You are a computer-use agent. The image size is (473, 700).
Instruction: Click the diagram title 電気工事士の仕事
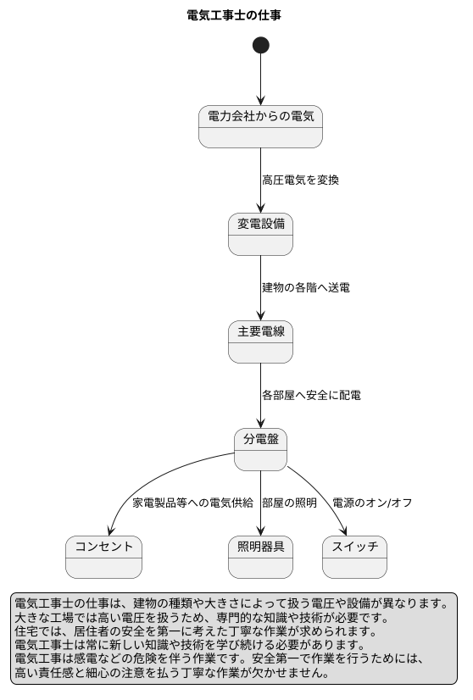[234, 15]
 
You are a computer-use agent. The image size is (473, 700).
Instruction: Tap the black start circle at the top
[260, 45]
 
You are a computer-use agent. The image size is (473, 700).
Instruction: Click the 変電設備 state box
[260, 234]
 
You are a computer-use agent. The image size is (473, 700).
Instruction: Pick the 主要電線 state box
[260, 342]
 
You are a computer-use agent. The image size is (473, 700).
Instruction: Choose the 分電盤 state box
[260, 449]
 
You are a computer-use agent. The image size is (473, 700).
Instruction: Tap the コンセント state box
[103, 557]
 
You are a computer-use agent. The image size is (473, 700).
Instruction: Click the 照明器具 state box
[260, 557]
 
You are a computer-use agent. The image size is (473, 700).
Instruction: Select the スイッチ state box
[354, 557]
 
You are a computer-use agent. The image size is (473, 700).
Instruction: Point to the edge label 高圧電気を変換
[300, 180]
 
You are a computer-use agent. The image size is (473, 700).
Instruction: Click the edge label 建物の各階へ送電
[305, 288]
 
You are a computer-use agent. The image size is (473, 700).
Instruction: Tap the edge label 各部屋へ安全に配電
[311, 395]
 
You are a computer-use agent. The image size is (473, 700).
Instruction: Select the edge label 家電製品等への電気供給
[192, 503]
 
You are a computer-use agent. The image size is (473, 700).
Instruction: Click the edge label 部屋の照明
[289, 503]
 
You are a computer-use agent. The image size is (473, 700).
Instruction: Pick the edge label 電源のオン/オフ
[372, 503]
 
